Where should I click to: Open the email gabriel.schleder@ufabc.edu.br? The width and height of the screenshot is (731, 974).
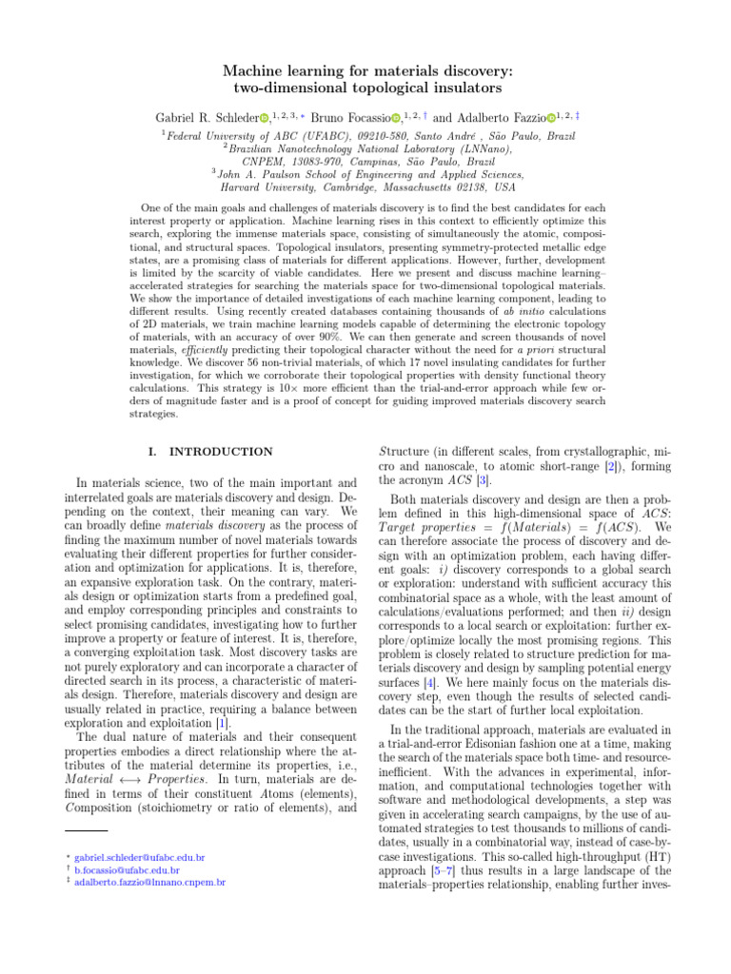click(139, 857)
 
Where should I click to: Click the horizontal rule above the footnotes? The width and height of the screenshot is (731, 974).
click(69, 830)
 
